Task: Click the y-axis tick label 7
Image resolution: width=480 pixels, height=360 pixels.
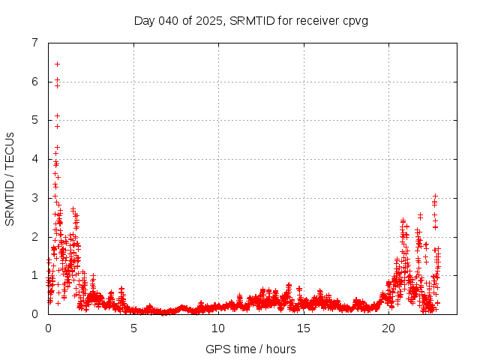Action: coord(34,43)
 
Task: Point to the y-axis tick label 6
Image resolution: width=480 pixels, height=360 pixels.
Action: coord(34,82)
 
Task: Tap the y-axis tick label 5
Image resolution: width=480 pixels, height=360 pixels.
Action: coord(34,120)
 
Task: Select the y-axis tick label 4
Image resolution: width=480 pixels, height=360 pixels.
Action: coord(34,159)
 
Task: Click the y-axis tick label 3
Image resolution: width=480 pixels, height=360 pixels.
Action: coord(34,198)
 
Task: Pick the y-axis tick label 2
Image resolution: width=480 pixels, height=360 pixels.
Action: coord(34,236)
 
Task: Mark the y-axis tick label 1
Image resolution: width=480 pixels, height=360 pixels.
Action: coord(34,275)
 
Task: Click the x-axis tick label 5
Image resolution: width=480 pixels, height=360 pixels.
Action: coord(133,328)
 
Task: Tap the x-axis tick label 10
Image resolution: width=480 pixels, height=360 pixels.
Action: coord(218,328)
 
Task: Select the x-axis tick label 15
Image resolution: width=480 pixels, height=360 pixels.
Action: coord(303,328)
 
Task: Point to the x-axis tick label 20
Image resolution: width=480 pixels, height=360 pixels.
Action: coord(388,328)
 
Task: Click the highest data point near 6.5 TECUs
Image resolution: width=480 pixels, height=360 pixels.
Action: coord(57,64)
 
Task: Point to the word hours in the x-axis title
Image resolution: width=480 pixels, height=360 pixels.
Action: coord(280,349)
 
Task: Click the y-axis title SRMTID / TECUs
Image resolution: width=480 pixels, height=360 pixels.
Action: coord(10,178)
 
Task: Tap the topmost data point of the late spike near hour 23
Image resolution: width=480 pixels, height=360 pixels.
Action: coord(435,196)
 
